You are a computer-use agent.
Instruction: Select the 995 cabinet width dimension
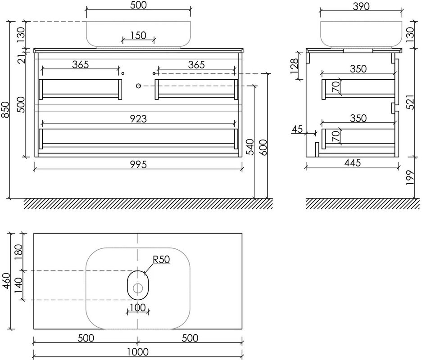click(138, 164)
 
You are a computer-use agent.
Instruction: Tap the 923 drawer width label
click(138, 118)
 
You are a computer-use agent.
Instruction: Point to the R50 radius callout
click(161, 260)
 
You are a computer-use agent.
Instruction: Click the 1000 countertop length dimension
click(138, 351)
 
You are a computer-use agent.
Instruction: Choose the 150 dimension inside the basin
click(138, 35)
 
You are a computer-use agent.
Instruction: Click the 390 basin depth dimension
click(361, 6)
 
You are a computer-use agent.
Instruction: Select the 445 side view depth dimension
click(353, 162)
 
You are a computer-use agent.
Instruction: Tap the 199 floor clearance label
click(410, 177)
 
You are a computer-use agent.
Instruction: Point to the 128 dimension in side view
click(294, 66)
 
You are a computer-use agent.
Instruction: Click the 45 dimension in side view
click(297, 129)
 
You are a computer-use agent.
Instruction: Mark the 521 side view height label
click(410, 102)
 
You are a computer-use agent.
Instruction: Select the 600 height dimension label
click(263, 147)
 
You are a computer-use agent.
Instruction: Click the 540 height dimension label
click(250, 147)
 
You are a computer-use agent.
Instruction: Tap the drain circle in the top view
click(138, 288)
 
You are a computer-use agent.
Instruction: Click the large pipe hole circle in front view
click(138, 86)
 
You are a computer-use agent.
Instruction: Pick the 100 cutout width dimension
click(138, 307)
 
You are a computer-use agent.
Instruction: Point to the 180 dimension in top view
click(18, 252)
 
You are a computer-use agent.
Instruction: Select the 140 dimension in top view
click(18, 286)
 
